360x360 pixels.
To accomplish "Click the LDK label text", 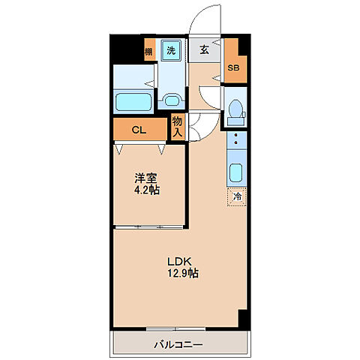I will point(181,261).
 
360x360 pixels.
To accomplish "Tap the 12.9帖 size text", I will point(182,274).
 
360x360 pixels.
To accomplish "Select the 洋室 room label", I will point(145,178).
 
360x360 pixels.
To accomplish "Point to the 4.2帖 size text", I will point(147,190).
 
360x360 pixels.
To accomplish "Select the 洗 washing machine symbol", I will point(171,51).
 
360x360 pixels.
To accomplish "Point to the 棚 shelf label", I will point(148,52).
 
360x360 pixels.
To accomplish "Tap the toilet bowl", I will point(235,111).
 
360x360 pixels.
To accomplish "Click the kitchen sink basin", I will point(235,173).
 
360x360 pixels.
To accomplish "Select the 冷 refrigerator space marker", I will point(236,197).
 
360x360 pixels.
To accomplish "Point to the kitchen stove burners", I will point(235,140).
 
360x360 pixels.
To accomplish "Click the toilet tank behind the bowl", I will point(235,97).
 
